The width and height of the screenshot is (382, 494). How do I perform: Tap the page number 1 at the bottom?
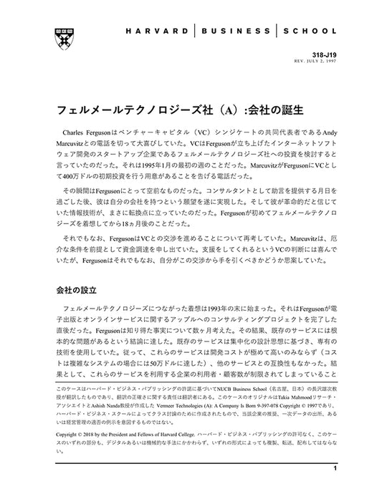pos(335,468)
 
